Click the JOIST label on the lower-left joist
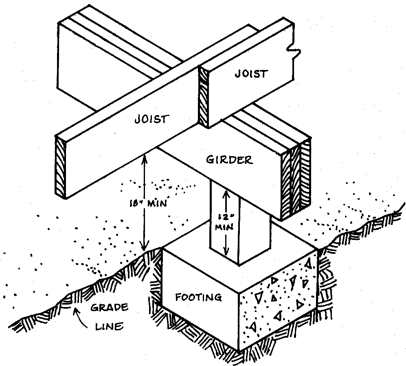(151, 119)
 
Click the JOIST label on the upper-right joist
(251, 74)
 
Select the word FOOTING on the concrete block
(198, 297)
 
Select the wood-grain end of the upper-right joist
(204, 95)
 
